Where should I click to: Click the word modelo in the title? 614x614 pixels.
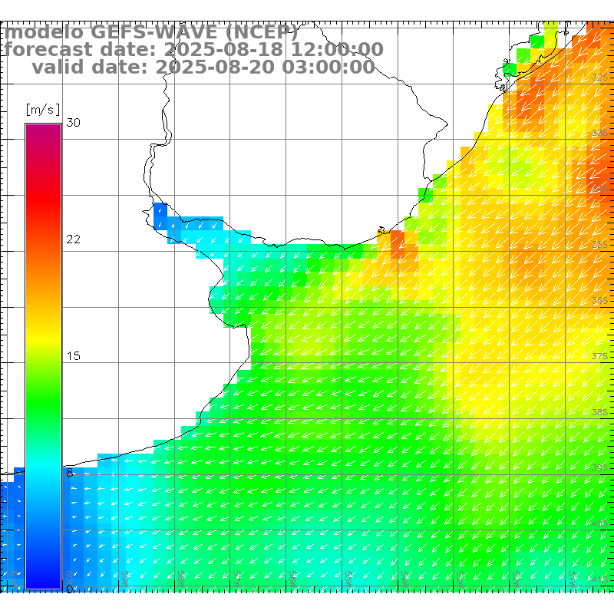[44, 33]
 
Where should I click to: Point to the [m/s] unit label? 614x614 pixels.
[42, 109]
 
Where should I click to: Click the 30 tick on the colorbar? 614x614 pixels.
[74, 123]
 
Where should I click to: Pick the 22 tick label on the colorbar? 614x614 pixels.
[74, 239]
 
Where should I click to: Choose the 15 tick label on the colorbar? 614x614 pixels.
[74, 356]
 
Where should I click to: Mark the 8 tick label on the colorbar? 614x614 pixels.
[70, 473]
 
